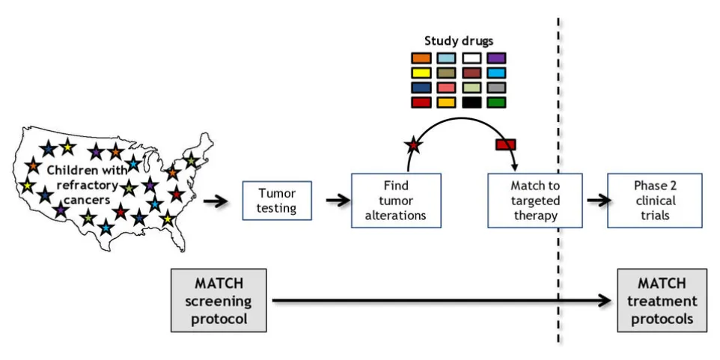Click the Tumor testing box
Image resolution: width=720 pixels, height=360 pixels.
tap(277, 201)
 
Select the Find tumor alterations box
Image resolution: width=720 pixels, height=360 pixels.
tap(396, 200)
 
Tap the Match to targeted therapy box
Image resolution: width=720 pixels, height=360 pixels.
tap(535, 200)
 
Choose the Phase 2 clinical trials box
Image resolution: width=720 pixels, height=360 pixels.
tap(655, 200)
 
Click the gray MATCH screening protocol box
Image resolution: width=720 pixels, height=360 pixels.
tap(219, 300)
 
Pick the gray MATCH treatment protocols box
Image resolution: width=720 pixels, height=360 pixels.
tap(662, 300)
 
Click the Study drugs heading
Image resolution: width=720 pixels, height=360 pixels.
tap(459, 41)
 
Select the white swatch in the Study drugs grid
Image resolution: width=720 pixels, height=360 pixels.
tap(472, 58)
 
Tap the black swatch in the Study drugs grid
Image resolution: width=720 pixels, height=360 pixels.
tap(472, 103)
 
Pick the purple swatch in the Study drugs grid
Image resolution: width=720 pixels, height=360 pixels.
tap(496, 58)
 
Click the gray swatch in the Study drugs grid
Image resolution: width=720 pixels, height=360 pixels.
tap(496, 88)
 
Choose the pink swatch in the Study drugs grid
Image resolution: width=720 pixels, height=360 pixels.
tap(446, 88)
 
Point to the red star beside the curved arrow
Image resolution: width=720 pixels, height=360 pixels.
tap(414, 145)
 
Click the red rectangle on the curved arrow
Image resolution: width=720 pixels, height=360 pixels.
tap(505, 144)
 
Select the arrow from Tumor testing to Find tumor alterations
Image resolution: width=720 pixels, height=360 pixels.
tap(338, 201)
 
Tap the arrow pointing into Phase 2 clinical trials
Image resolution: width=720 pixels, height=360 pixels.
tap(599, 200)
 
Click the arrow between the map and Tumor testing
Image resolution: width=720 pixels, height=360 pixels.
tap(216, 201)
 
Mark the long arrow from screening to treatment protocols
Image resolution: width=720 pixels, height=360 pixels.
tap(442, 301)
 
